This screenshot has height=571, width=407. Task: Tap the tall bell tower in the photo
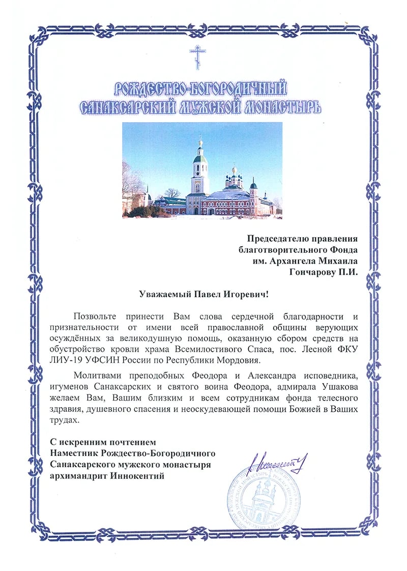point(199,176)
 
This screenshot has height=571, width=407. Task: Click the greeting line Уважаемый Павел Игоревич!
point(203,294)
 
